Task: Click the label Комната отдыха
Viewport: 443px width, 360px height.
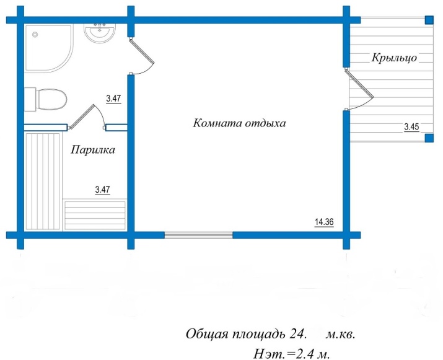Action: coord(239,123)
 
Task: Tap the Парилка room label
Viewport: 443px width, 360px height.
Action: coord(93,149)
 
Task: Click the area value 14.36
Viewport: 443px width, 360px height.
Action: coord(324,221)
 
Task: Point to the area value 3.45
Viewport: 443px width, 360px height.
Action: coord(411,127)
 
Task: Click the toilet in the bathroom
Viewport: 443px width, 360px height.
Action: coord(47,99)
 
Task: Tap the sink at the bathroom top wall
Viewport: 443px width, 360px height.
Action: coord(99,32)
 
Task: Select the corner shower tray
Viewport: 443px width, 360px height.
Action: coord(47,47)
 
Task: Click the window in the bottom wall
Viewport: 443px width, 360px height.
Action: coord(198,235)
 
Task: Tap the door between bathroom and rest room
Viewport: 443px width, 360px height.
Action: coord(142,57)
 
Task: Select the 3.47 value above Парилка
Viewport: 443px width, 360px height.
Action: coord(113,98)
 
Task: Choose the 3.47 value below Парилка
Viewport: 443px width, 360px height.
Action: coord(102,190)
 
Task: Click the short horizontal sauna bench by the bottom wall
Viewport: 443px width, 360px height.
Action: coord(96,214)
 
